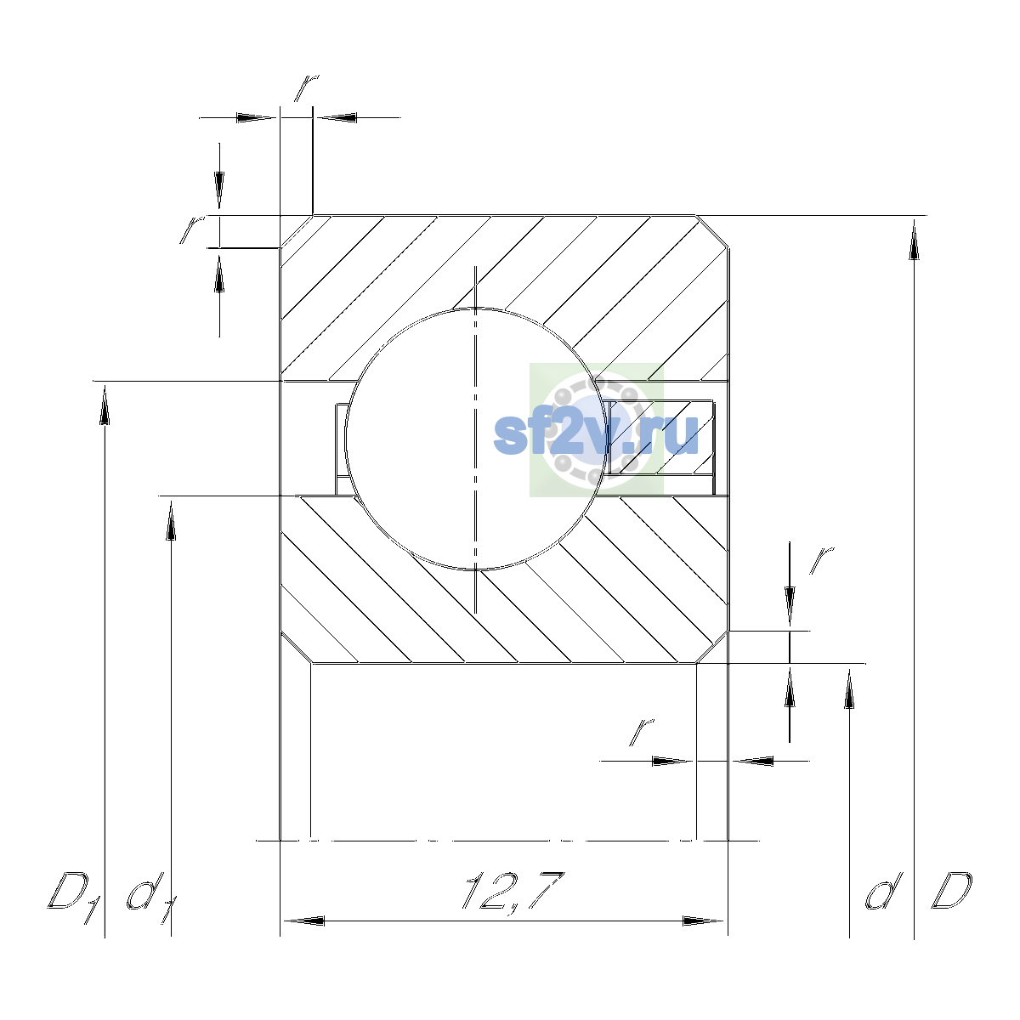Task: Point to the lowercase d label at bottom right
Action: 883,892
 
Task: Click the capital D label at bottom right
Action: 952,892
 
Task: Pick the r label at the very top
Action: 307,88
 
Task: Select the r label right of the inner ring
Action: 821,560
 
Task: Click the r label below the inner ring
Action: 641,733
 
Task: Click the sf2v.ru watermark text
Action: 596,435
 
